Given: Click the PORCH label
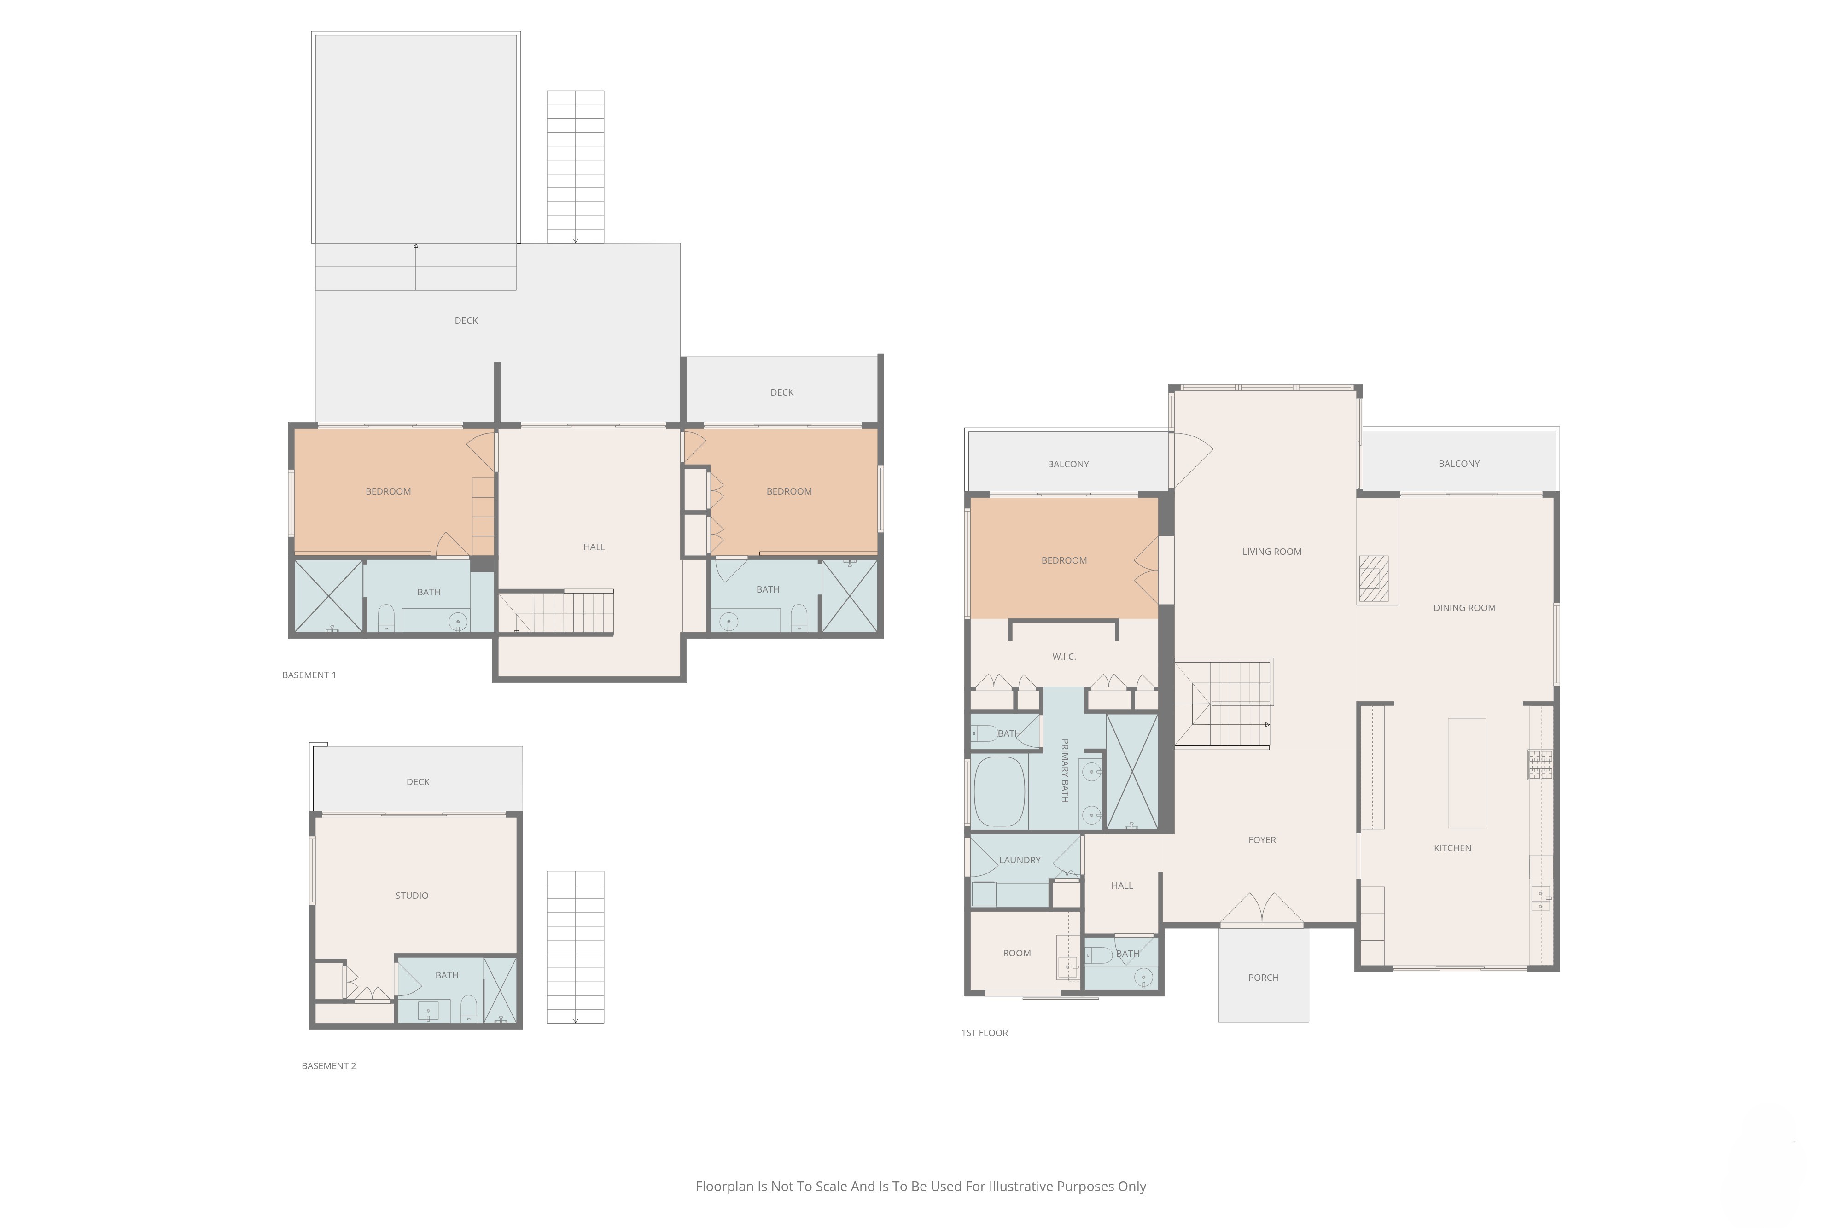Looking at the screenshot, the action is (x=1263, y=978).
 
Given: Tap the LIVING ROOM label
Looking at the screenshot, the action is (x=1272, y=551).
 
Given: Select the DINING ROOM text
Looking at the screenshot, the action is (x=1464, y=608).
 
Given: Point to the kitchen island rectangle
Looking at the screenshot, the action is (x=1467, y=773).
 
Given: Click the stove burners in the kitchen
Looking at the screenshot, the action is (x=1540, y=765).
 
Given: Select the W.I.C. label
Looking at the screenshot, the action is (x=1064, y=656).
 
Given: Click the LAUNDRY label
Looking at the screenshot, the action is (x=1020, y=860).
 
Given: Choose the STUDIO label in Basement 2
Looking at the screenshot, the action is (x=412, y=895).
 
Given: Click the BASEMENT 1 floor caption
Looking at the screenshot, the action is (x=309, y=675).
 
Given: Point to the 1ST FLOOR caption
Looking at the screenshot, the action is (x=985, y=1033).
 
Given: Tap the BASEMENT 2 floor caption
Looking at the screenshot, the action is (x=329, y=1066).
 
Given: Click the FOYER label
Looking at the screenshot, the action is (x=1262, y=839).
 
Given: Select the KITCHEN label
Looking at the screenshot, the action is (x=1453, y=848).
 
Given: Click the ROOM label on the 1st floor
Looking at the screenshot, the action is (x=1016, y=953).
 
